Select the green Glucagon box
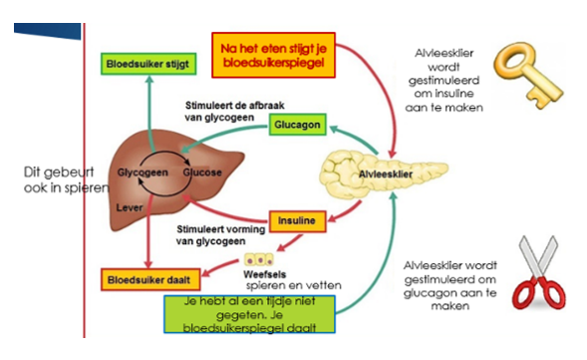click(300, 124)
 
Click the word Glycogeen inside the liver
click(140, 172)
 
